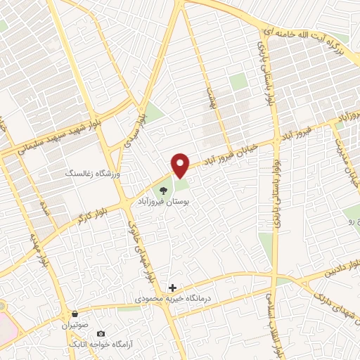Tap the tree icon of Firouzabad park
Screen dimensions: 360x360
point(163,189)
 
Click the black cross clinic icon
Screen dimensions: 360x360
point(173,288)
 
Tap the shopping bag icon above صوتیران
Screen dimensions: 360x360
point(75,314)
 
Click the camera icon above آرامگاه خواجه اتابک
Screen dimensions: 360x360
point(101,333)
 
